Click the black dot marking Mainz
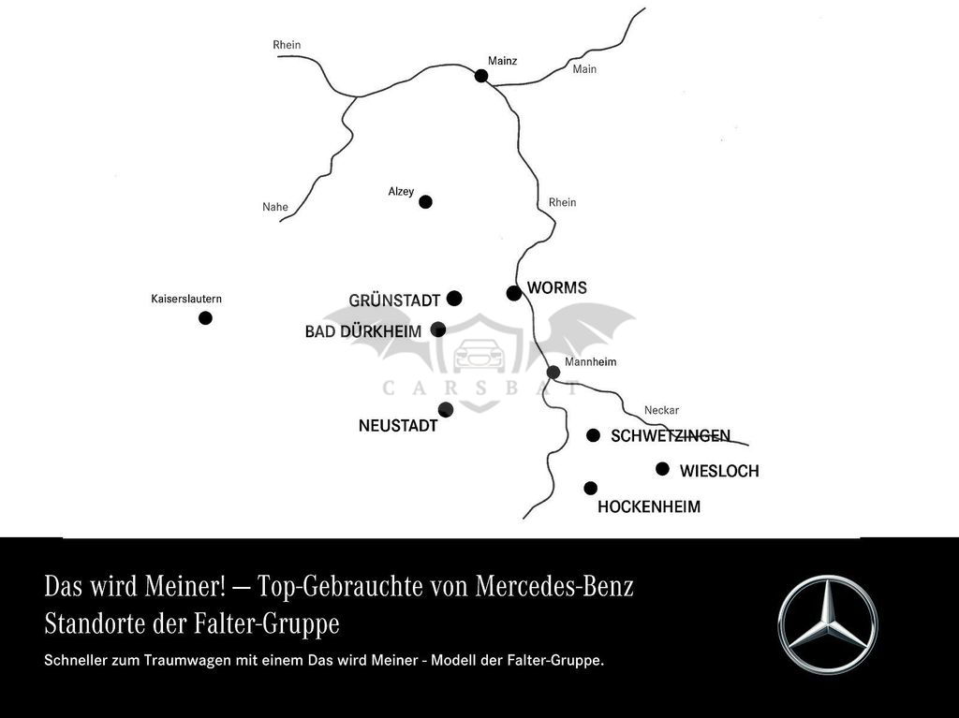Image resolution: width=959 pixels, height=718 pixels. point(481,76)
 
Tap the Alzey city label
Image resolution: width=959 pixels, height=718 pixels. point(401,192)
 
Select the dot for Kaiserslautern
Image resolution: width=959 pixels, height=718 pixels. point(205,318)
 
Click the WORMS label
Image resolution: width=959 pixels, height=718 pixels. point(557,287)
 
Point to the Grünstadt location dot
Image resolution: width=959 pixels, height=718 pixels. point(454,299)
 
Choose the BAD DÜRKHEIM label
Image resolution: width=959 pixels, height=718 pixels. point(363,331)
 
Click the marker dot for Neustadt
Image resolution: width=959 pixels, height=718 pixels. point(446,409)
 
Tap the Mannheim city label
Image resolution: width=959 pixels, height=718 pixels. point(591,362)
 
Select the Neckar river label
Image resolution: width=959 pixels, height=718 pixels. point(661,410)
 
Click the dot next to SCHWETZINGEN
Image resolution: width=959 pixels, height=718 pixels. point(593,435)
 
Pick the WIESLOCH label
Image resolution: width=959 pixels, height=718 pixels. point(719,471)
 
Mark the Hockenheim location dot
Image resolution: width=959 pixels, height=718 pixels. point(590,488)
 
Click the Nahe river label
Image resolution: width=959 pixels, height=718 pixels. point(275,207)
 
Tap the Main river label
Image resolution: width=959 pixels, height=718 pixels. point(584,69)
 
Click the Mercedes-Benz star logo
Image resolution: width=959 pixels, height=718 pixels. point(828,624)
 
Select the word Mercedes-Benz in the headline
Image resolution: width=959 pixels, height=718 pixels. point(554,586)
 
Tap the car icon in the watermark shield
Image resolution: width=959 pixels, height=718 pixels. point(479,356)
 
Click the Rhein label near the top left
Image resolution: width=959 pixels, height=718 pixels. point(287,45)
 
